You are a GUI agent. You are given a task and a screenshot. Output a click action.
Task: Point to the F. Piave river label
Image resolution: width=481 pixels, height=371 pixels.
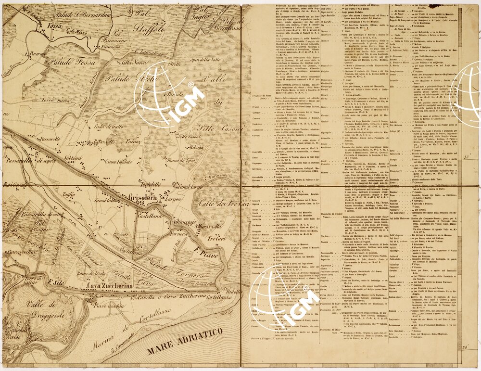tap(203, 250)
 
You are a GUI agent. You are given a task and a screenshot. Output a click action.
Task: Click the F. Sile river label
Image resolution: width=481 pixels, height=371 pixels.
tap(57, 282)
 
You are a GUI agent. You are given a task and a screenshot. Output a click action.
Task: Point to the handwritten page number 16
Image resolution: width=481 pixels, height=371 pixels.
tap(469, 8)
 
